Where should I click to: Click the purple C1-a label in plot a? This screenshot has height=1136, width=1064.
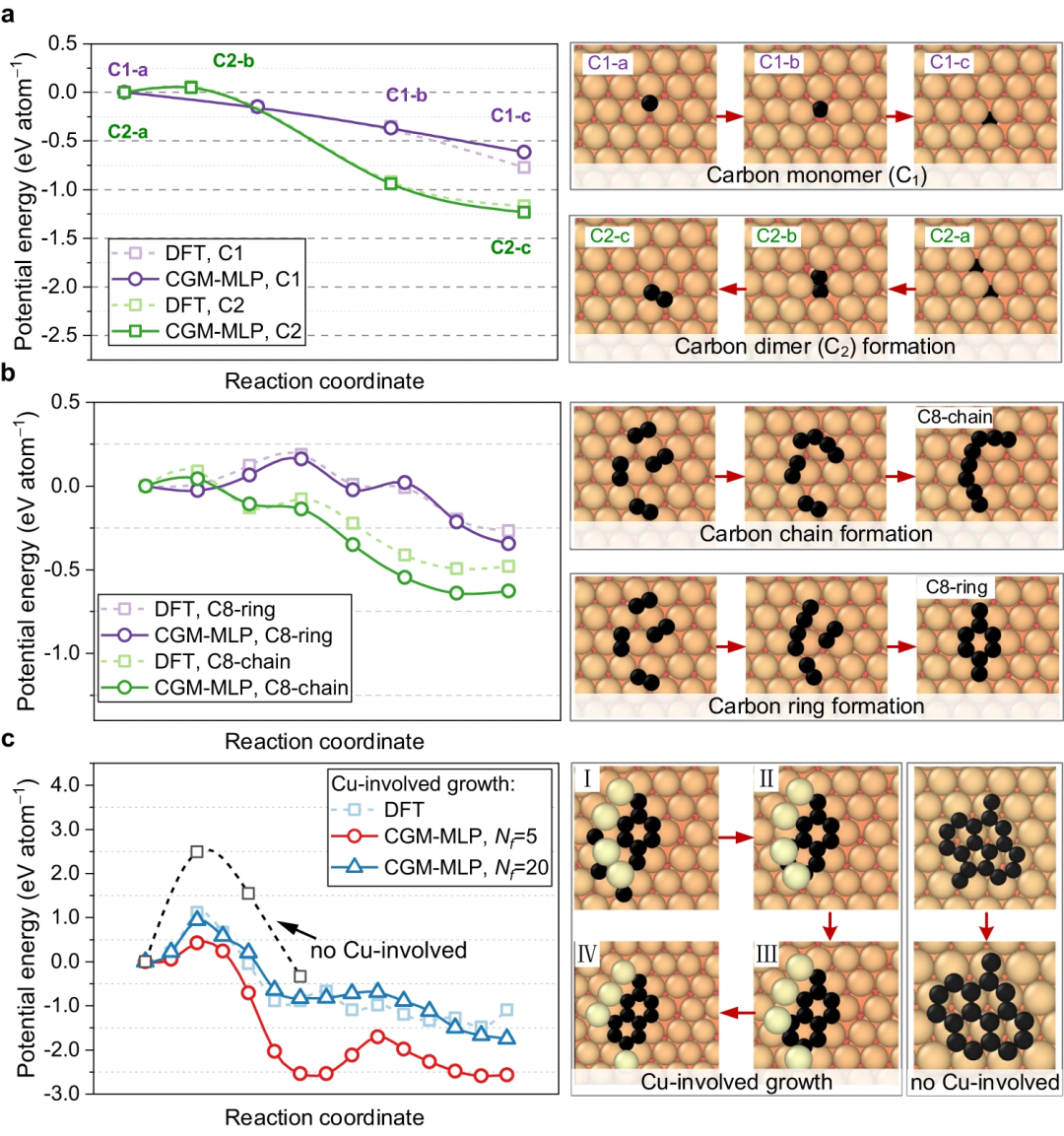(x=128, y=70)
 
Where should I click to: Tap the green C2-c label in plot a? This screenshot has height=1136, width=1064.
(x=510, y=247)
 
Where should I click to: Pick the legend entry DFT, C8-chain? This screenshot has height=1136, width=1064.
(x=222, y=661)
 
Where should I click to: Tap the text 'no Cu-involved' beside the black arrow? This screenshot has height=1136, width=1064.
(x=388, y=951)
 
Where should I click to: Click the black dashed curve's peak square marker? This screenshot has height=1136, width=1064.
(x=197, y=851)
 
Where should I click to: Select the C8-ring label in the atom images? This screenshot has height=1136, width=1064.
(x=956, y=587)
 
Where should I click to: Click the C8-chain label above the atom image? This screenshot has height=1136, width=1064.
(x=955, y=417)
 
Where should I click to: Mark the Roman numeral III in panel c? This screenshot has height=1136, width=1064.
(x=766, y=954)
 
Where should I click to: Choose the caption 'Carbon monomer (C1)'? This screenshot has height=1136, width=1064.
(x=816, y=176)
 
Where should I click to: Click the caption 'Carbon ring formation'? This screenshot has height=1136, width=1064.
(x=816, y=706)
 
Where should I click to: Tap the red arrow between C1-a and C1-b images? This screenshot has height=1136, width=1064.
(x=729, y=116)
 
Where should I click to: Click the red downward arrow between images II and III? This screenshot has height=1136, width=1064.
(x=830, y=925)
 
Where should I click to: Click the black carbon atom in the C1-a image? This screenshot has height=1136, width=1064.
(x=649, y=103)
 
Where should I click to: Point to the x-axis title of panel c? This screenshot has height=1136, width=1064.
(x=324, y=1117)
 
